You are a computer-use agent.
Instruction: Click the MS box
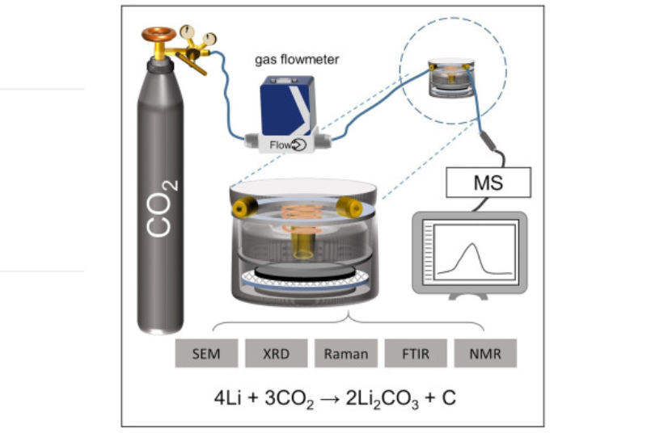[x=488, y=183]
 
